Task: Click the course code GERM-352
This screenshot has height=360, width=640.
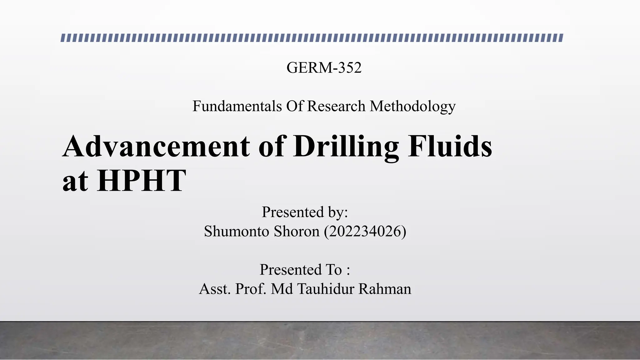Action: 324,67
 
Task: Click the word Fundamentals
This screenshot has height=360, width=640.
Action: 237,106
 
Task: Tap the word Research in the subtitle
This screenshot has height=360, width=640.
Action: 336,106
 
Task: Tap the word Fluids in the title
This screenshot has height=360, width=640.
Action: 450,146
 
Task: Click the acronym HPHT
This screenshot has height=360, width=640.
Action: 141,181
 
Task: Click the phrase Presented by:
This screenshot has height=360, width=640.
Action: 305,212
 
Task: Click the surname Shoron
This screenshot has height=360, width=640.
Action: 297,232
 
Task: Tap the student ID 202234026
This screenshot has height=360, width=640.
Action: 365,232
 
